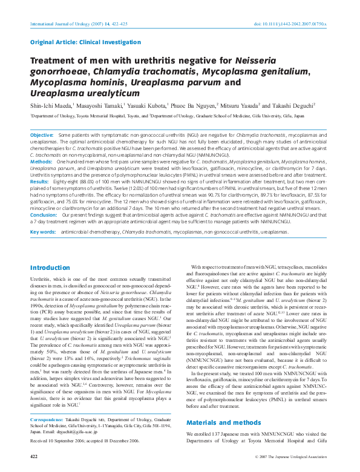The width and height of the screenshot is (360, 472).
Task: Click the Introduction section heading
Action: tap(50, 251)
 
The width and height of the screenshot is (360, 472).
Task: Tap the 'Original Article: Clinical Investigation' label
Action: tap(73, 42)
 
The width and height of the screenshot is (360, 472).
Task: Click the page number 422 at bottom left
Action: tap(34, 456)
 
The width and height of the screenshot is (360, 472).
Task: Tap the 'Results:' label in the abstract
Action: tap(39, 182)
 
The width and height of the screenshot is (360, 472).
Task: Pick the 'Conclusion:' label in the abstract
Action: tap(44, 215)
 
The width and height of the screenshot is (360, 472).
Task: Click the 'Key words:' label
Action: tap(43, 232)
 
